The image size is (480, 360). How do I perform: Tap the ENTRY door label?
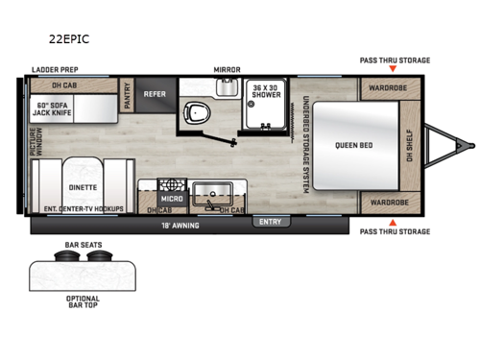coord(270,222)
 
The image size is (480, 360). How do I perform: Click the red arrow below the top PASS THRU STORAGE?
coord(395,70)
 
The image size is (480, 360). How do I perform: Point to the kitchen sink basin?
coord(209,191)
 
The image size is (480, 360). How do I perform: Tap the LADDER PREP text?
coord(53,70)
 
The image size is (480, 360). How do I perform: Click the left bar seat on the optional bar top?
coord(69,256)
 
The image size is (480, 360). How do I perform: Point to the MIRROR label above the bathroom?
coord(227,70)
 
